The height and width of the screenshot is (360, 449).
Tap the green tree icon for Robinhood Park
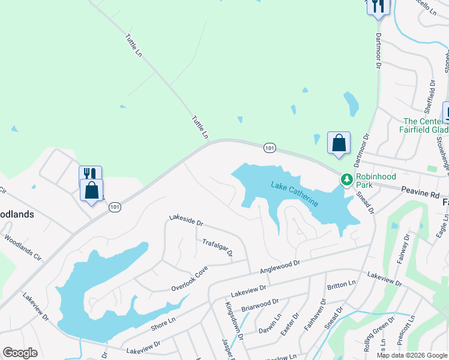(x=346, y=179)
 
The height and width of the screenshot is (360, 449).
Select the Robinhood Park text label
(x=373, y=181)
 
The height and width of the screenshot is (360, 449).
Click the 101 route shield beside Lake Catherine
(x=270, y=148)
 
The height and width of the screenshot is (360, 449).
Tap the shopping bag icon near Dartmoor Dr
(x=339, y=143)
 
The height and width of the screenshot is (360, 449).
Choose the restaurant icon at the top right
(x=378, y=6)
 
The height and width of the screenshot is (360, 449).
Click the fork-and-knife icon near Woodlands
(x=90, y=173)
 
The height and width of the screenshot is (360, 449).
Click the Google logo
(x=20, y=353)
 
